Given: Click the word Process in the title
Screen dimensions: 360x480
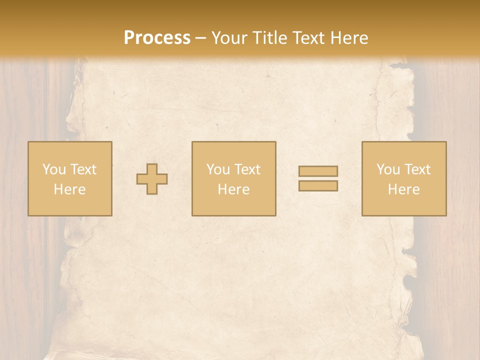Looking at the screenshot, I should pos(157,38).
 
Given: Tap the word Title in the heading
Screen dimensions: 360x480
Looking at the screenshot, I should pos(268,38).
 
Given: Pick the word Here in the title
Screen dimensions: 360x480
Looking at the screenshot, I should pos(350,38).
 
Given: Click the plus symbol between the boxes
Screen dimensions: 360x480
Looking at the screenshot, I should pos(152,179).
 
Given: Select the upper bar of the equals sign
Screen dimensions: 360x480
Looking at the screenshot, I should pos(318,171).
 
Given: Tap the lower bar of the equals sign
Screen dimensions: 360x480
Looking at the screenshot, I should pos(318,186).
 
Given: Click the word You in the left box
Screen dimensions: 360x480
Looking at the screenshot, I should pos(53,169).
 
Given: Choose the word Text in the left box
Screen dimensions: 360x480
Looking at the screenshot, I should pos(83,169).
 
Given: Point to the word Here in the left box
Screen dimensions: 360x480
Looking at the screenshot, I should pos(69,189).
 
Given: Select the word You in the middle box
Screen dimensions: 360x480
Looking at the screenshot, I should pos(217,169).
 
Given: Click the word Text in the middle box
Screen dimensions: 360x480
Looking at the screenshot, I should pos(247,169).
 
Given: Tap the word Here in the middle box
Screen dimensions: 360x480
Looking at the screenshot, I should pos(233,189).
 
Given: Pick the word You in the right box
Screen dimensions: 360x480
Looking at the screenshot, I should pos(387,169).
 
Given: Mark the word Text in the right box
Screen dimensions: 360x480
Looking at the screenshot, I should pos(417,169).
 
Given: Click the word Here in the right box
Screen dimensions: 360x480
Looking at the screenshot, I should pos(403,189).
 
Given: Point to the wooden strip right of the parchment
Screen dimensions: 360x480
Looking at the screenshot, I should pos(450,280).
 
